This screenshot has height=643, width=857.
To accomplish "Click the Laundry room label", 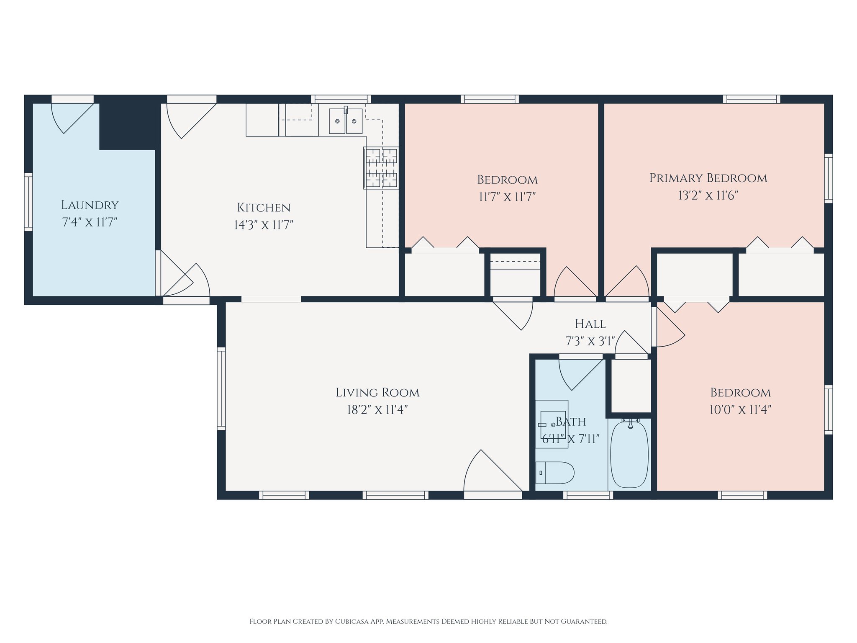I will coord(90,205).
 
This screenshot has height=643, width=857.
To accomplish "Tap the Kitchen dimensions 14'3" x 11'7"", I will coord(263,225).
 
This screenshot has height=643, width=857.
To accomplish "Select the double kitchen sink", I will coord(346,121).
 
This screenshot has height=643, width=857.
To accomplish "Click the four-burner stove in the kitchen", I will coord(381,168).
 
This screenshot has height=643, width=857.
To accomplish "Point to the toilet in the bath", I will coord(555,473).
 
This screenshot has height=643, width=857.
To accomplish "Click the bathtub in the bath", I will coord(629,454).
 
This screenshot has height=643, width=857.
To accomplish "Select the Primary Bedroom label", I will coord(708,178).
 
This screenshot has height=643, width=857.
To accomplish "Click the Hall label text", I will coord(590,324).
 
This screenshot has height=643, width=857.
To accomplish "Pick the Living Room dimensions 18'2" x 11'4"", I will coord(377,409).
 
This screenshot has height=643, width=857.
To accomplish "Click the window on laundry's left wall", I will coord(28,202).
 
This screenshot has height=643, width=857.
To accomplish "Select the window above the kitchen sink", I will coord(341,99).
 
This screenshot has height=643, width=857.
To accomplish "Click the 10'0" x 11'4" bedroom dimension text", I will coord(740,409).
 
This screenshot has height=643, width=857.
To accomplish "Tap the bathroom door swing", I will coord(579,373).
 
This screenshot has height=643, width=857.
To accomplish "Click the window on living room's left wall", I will coord(221,388).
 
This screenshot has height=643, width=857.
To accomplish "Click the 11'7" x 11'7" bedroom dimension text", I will coord(507,197).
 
